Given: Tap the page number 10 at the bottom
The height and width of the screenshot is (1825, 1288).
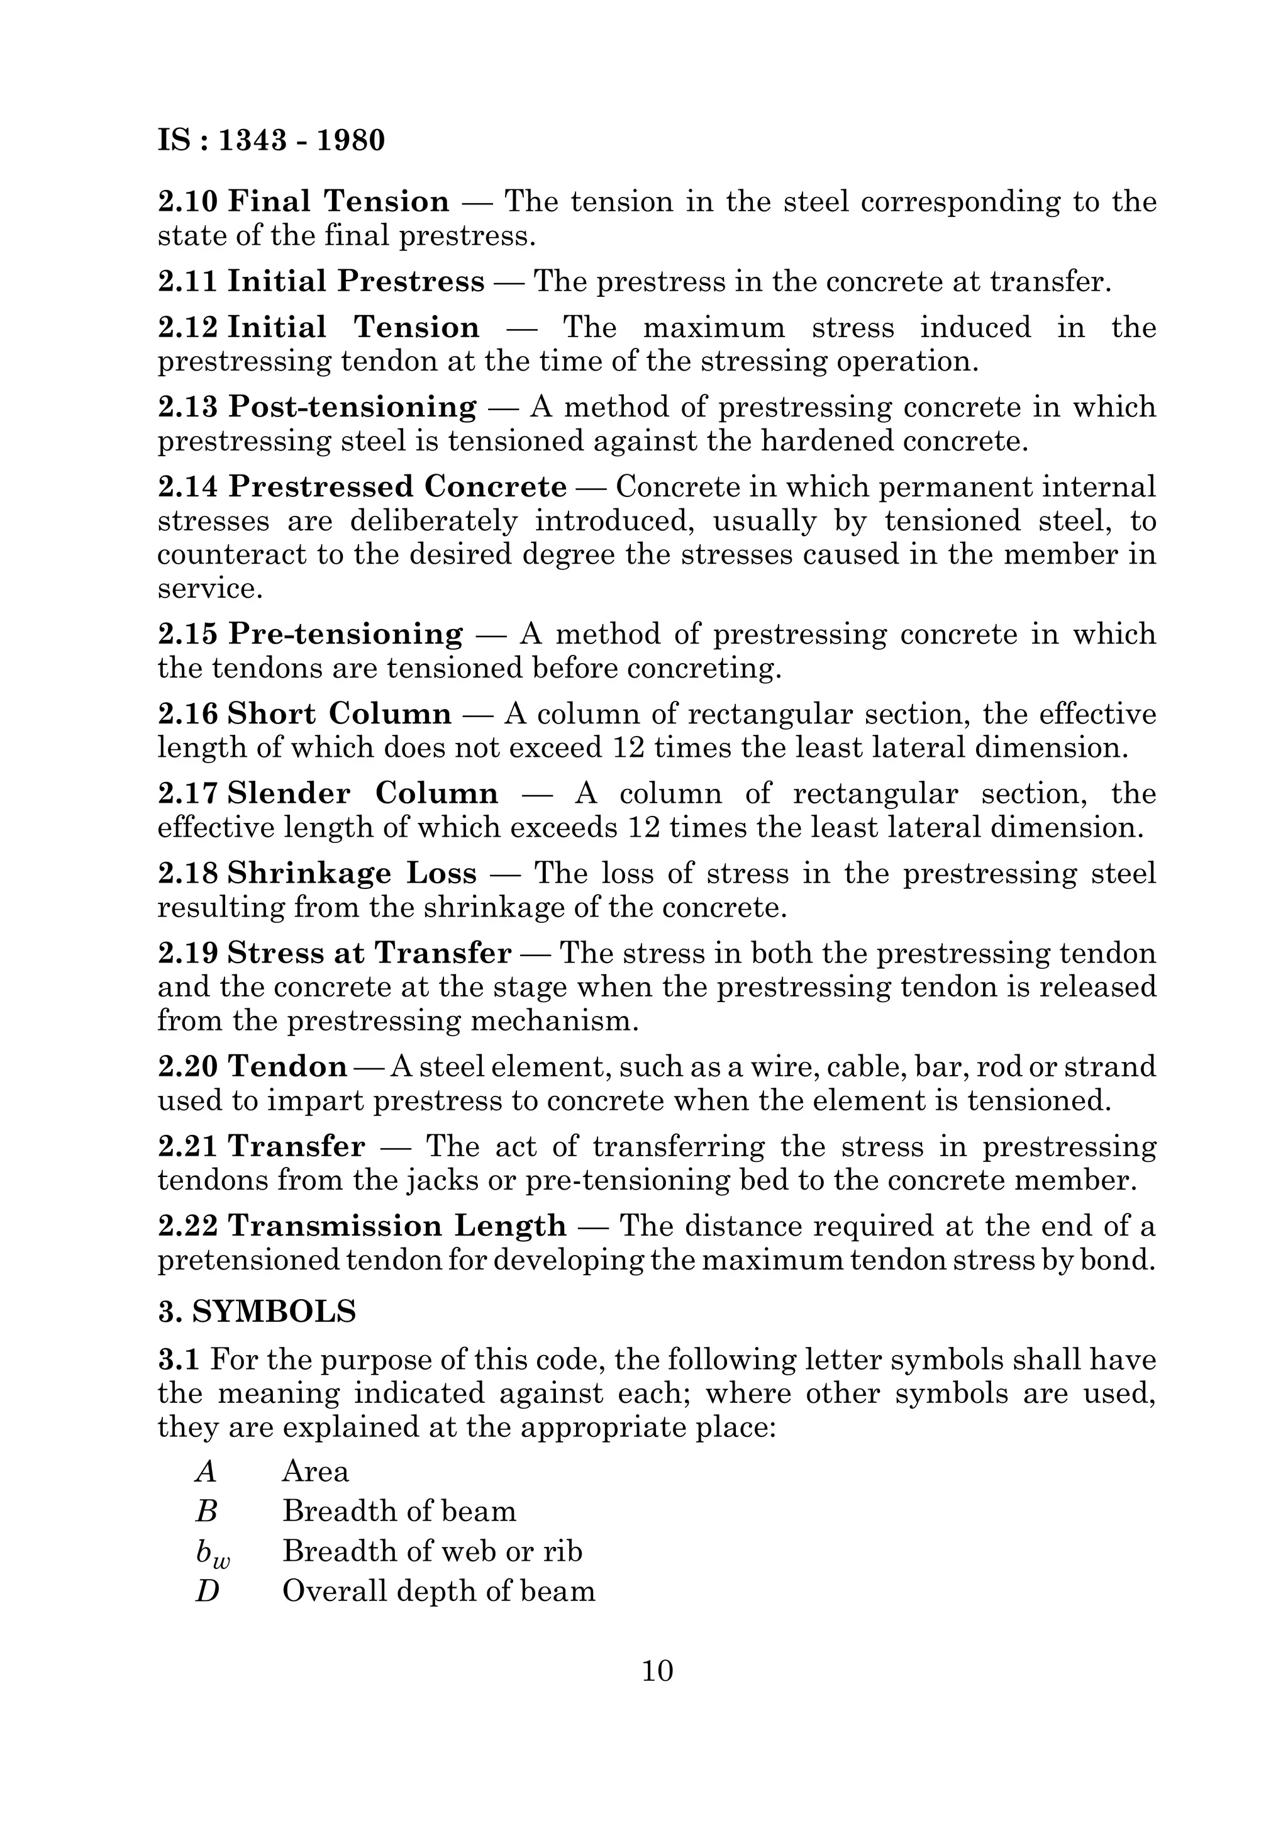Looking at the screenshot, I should pos(657,1670).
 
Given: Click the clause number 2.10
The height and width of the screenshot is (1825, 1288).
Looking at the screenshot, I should pos(187,201).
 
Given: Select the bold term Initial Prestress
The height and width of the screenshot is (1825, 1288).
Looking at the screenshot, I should pos(356,281).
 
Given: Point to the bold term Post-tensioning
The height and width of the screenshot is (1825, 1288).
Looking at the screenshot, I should pos(353,407).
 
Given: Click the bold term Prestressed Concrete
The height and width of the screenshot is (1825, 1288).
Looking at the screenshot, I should pos(397,486).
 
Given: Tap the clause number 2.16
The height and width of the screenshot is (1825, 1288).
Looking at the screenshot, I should pos(187,714).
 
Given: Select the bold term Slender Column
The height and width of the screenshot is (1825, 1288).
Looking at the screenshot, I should pos(363,793).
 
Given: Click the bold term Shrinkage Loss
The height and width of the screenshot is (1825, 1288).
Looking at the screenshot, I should pos(352,874).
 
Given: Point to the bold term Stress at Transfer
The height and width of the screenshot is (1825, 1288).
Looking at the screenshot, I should pos(369,953).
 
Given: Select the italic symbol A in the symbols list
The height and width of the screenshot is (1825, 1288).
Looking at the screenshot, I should pos(206,1472).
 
